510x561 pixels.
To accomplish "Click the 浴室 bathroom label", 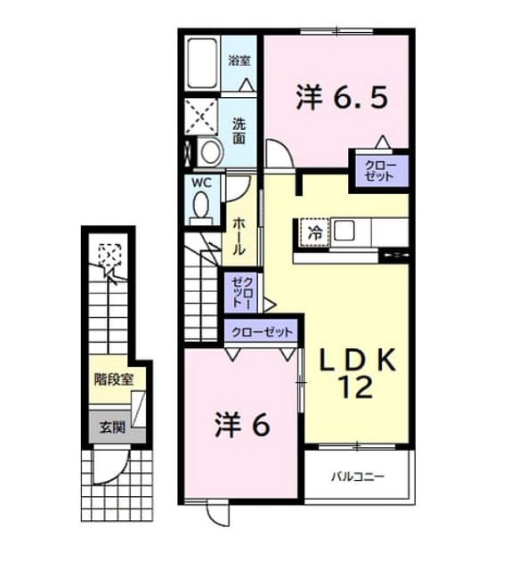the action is click(239, 61).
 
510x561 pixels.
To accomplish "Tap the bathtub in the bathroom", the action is click(202, 63).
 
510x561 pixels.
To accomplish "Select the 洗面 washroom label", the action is click(239, 131).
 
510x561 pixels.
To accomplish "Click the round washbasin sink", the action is click(210, 151).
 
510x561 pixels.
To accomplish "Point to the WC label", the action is click(202, 183).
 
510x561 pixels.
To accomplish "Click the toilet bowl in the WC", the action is click(201, 205).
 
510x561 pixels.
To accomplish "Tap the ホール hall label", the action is click(239, 237).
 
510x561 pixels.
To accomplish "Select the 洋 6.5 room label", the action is click(342, 98).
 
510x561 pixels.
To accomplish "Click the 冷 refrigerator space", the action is click(315, 233).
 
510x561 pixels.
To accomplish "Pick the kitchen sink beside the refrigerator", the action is click(344, 231).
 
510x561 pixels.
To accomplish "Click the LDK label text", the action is click(358, 361).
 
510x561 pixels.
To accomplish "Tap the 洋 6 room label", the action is click(242, 426).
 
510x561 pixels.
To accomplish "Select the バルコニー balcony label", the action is click(358, 476).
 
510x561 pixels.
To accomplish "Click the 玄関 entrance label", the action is click(112, 427).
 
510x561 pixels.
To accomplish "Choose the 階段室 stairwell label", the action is click(114, 379).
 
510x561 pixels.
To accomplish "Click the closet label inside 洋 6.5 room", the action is click(381, 171).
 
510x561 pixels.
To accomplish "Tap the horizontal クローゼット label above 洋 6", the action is click(263, 332).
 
